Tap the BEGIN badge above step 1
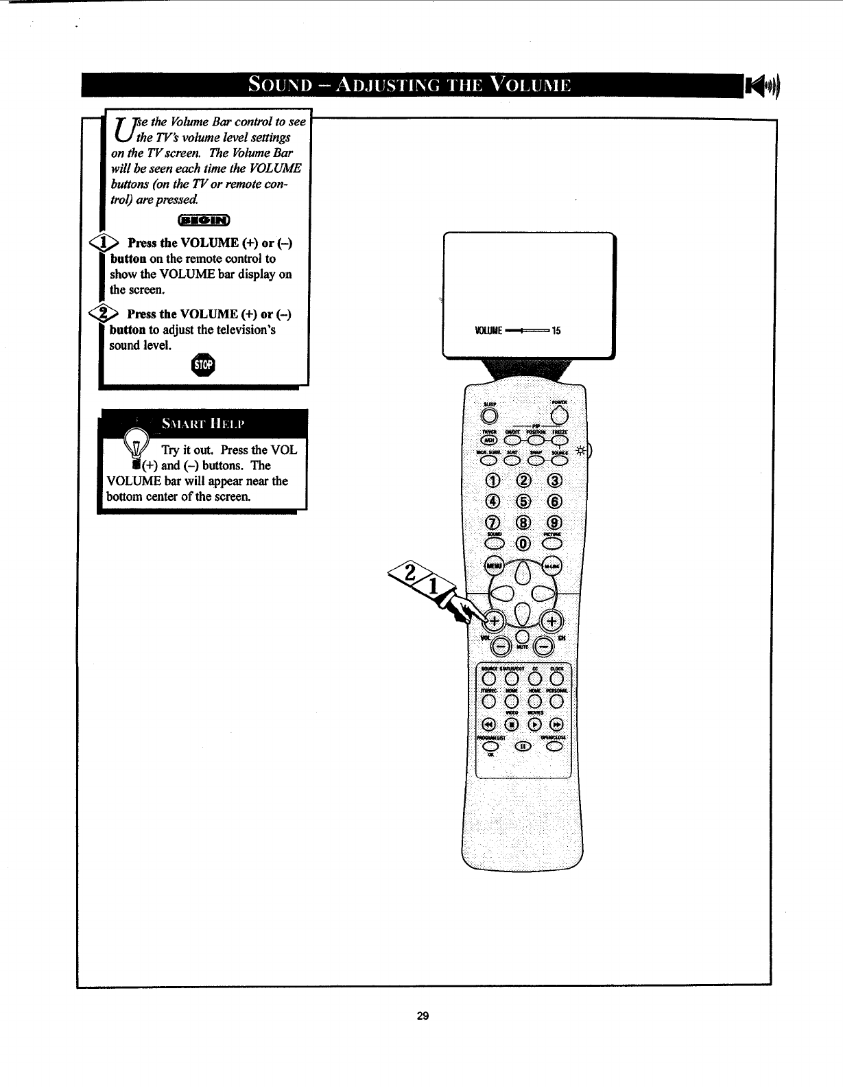[204, 220]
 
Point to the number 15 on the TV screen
[556, 331]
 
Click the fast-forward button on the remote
[557, 724]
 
